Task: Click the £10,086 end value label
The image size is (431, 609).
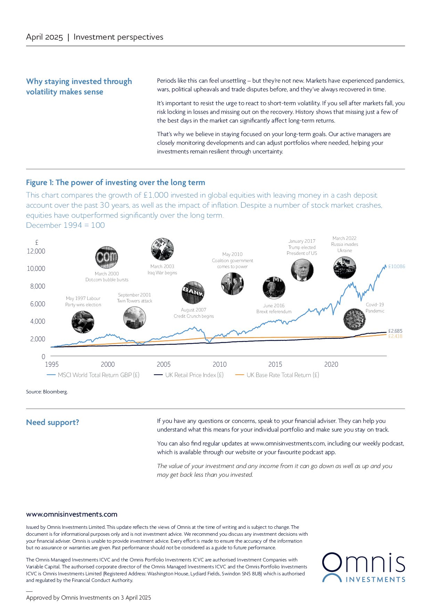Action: click(397, 267)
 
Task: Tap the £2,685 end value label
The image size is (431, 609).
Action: click(395, 331)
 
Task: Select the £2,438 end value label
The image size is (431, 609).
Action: click(395, 336)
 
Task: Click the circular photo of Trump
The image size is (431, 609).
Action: click(302, 270)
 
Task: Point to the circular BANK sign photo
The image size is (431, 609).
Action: click(193, 293)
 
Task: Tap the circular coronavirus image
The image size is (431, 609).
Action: click(354, 319)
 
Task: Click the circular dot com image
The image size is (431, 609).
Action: click(107, 258)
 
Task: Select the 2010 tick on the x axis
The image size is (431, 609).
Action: click(219, 364)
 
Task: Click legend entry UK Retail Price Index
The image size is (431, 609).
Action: click(194, 375)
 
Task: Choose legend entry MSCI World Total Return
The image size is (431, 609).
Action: click(98, 375)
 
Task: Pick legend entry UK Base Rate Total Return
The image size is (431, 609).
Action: click(282, 375)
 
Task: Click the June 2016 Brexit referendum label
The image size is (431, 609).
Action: click(274, 308)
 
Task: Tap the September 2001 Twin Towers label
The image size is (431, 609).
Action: click(135, 298)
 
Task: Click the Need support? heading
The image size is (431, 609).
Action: click(52, 422)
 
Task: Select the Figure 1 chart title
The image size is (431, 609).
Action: click(115, 183)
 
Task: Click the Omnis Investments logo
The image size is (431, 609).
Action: click(363, 568)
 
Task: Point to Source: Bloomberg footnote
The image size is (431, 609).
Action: click(47, 392)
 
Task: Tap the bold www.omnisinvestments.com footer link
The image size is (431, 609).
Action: click(72, 514)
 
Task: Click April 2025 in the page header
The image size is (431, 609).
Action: click(44, 37)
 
